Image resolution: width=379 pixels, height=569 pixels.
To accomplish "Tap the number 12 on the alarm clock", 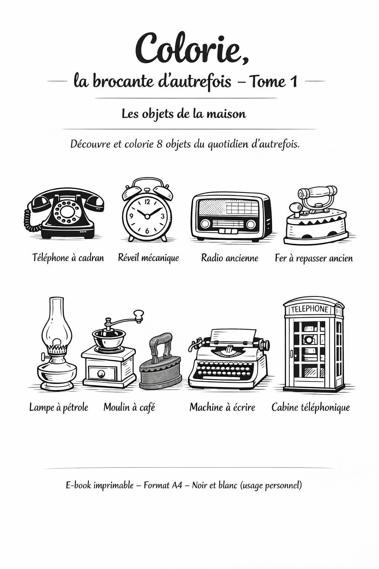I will pos(147,202).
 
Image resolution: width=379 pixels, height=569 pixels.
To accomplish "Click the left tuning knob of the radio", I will pos(205,224).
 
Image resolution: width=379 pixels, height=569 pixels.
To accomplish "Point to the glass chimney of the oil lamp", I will pos(57,322).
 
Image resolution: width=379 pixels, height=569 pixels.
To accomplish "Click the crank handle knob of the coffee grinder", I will pos(138,315).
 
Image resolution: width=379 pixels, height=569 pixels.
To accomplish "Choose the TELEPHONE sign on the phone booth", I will pos(310,309).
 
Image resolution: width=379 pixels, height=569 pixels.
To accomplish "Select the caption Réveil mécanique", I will pos(148,258).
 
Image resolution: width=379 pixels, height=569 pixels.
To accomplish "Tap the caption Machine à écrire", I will pos(222,407).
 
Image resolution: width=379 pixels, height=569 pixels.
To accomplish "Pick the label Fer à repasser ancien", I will pos(313,258).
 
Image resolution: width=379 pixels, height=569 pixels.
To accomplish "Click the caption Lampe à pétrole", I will pos(58,407).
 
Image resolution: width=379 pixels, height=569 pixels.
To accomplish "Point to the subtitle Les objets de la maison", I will pos(184,114).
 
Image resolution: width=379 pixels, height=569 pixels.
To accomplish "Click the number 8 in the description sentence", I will pos(160,144).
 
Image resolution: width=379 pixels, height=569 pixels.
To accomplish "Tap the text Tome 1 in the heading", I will pos(274,81).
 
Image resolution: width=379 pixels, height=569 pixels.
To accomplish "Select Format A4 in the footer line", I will pos(163,485).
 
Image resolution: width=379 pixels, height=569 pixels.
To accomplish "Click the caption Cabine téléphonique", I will pos(311,407).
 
